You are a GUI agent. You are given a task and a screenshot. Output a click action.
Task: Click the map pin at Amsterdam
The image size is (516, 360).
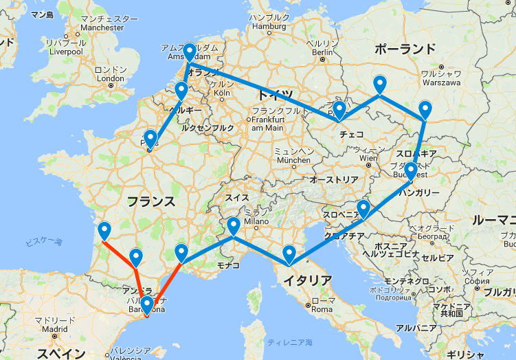point(189,52)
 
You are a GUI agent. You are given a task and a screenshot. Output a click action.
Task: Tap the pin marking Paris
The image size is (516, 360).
point(150,139)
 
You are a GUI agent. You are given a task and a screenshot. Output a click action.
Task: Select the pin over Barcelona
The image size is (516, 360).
point(147,305)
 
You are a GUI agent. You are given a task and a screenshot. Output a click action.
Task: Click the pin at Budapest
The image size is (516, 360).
point(410,171)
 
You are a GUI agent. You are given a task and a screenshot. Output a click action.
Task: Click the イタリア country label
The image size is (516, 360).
point(306,280)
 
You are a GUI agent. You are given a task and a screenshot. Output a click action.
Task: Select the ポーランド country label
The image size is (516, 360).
point(405,49)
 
